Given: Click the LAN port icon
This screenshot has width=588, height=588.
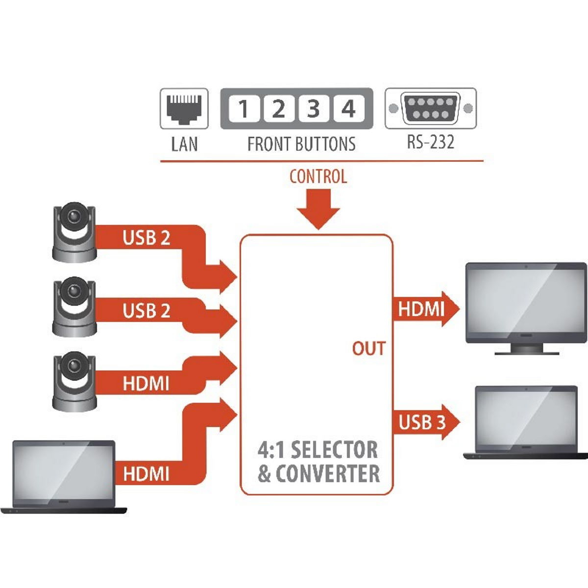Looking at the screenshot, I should click(x=184, y=108).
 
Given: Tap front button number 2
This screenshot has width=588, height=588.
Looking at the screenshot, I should click(x=278, y=108).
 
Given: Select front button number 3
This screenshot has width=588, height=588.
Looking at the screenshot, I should click(x=313, y=108).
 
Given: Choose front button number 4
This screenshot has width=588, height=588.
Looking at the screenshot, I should click(x=348, y=108).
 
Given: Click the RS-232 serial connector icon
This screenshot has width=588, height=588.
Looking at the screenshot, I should click(x=430, y=108).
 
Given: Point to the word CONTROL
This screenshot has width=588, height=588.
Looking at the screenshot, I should click(x=318, y=176).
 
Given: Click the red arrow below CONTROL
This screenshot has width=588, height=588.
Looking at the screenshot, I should click(x=318, y=209).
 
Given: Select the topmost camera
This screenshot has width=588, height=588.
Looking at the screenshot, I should click(x=74, y=231).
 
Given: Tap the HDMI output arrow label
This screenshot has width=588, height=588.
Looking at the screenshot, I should click(x=421, y=309).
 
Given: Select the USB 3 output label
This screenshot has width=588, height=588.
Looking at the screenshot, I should click(x=422, y=422).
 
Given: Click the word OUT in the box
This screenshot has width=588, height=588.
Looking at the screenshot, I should click(x=368, y=349).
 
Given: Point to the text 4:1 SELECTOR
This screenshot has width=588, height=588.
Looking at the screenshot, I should click(x=318, y=450).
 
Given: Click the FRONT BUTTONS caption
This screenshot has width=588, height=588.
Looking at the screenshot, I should click(x=301, y=144).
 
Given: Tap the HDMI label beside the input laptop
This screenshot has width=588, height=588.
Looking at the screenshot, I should click(x=146, y=474).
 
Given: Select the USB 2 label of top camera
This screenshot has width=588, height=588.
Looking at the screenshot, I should click(x=146, y=238).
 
